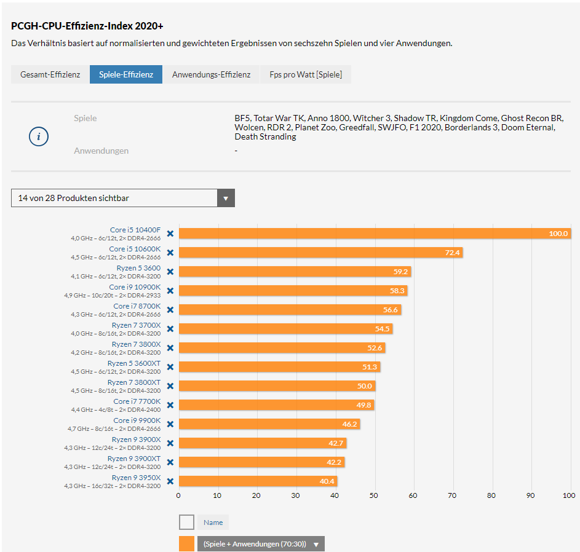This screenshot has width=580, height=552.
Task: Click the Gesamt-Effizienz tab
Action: [x=50, y=74]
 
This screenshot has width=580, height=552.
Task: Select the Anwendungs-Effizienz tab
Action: [x=211, y=74]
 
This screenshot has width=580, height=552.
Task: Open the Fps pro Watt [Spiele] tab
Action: [x=306, y=74]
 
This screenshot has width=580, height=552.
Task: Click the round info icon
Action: [x=39, y=136]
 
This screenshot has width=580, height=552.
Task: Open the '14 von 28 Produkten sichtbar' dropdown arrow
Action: [x=226, y=198]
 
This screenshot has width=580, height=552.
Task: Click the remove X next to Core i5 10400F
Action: [x=170, y=234]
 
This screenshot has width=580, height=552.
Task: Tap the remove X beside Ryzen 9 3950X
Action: [x=170, y=481]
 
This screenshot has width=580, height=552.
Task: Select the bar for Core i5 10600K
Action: [x=320, y=253]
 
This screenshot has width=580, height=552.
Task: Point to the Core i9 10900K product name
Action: [x=135, y=287]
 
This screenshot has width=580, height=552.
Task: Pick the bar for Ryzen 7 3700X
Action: [x=285, y=329]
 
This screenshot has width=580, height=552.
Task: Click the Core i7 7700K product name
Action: [x=137, y=401]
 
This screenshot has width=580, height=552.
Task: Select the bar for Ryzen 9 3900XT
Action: [x=261, y=462]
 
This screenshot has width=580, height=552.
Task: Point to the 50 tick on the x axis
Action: [x=374, y=495]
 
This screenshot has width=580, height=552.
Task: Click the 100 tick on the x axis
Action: [x=569, y=495]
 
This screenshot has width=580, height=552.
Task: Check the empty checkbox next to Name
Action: [x=186, y=522]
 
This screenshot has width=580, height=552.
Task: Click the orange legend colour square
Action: [x=186, y=543]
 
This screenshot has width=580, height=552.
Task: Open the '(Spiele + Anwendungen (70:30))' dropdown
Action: [x=261, y=544]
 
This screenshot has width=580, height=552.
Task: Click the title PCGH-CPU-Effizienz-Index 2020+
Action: [x=87, y=26]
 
